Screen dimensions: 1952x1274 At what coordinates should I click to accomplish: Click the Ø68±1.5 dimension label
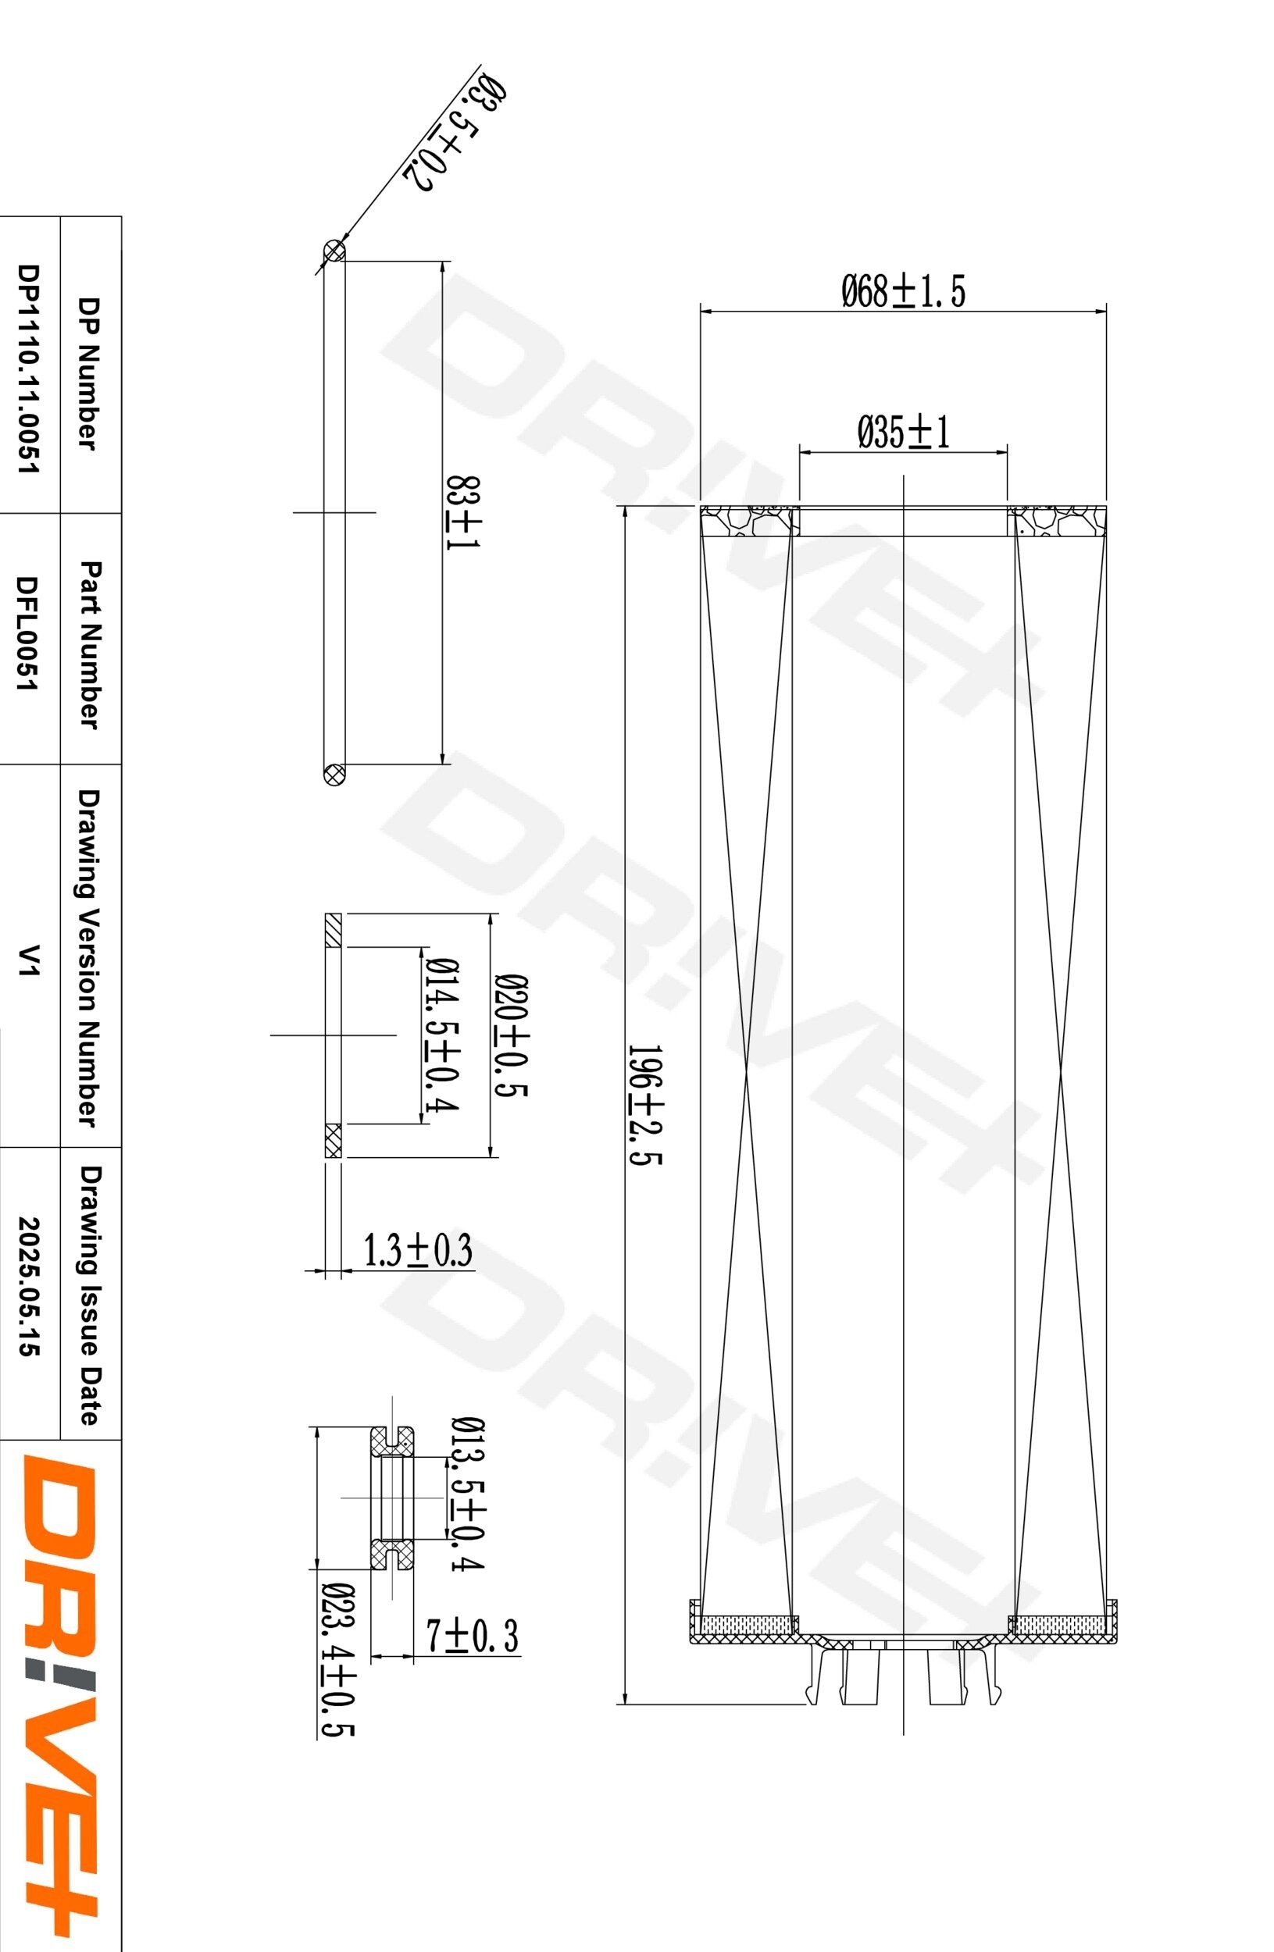pyautogui.click(x=902, y=291)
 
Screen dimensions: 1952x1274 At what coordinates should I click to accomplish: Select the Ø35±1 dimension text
pyautogui.click(x=903, y=433)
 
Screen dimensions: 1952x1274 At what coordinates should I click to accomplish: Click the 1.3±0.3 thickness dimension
pyautogui.click(x=418, y=1252)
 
